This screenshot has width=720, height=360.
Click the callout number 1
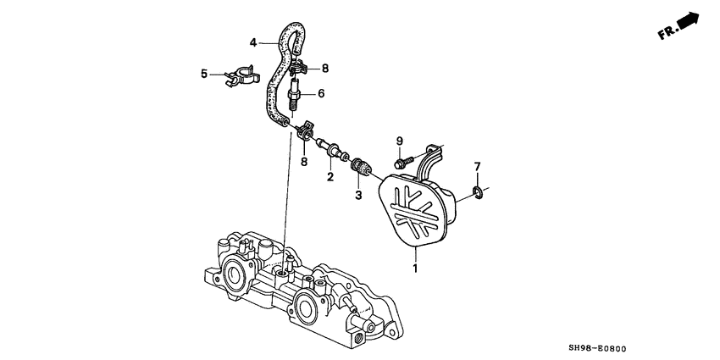coord(415,269)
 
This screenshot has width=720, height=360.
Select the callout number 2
coord(330,176)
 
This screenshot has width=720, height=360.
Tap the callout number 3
coord(358,195)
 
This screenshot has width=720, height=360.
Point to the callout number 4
coord(253,42)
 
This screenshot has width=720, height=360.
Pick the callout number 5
coord(204,74)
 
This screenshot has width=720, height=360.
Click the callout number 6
coord(321,93)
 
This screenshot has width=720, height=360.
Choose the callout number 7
coord(477,166)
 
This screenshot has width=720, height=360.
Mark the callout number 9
coord(399,140)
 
